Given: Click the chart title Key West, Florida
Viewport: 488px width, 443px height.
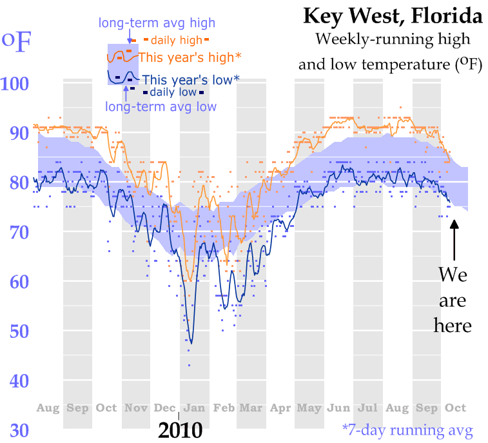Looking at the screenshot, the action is [393, 16].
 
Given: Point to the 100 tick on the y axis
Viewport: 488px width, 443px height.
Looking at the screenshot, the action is [15, 83].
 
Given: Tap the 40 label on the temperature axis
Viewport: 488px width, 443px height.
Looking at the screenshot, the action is [19, 380].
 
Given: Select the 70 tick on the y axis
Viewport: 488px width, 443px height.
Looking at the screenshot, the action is [19, 232].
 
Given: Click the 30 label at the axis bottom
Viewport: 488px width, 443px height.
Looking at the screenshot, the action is [19, 431].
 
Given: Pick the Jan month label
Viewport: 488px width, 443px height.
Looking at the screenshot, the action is [194, 408].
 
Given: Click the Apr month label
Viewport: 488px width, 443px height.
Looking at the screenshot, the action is [280, 408].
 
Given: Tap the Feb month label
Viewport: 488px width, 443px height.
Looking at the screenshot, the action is [224, 408].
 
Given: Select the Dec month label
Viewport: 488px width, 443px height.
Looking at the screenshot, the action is [164, 408].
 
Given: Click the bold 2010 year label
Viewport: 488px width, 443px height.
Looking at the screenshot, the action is [181, 431].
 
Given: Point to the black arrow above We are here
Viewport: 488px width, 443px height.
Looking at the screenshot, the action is [454, 240].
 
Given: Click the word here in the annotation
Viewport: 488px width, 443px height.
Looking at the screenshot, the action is [453, 326].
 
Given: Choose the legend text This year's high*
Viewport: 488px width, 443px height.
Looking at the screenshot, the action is [190, 57].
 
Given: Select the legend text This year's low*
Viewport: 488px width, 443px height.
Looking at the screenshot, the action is [191, 80].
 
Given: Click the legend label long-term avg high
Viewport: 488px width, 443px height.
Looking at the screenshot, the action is [157, 23].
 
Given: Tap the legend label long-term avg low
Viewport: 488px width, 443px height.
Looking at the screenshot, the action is [161, 107].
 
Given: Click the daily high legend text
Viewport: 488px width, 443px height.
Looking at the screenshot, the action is [177, 40].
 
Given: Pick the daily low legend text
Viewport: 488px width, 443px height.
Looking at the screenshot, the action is [173, 92].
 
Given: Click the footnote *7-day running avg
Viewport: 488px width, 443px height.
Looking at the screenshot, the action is [407, 431].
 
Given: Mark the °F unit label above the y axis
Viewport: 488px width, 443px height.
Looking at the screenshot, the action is [16, 41].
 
